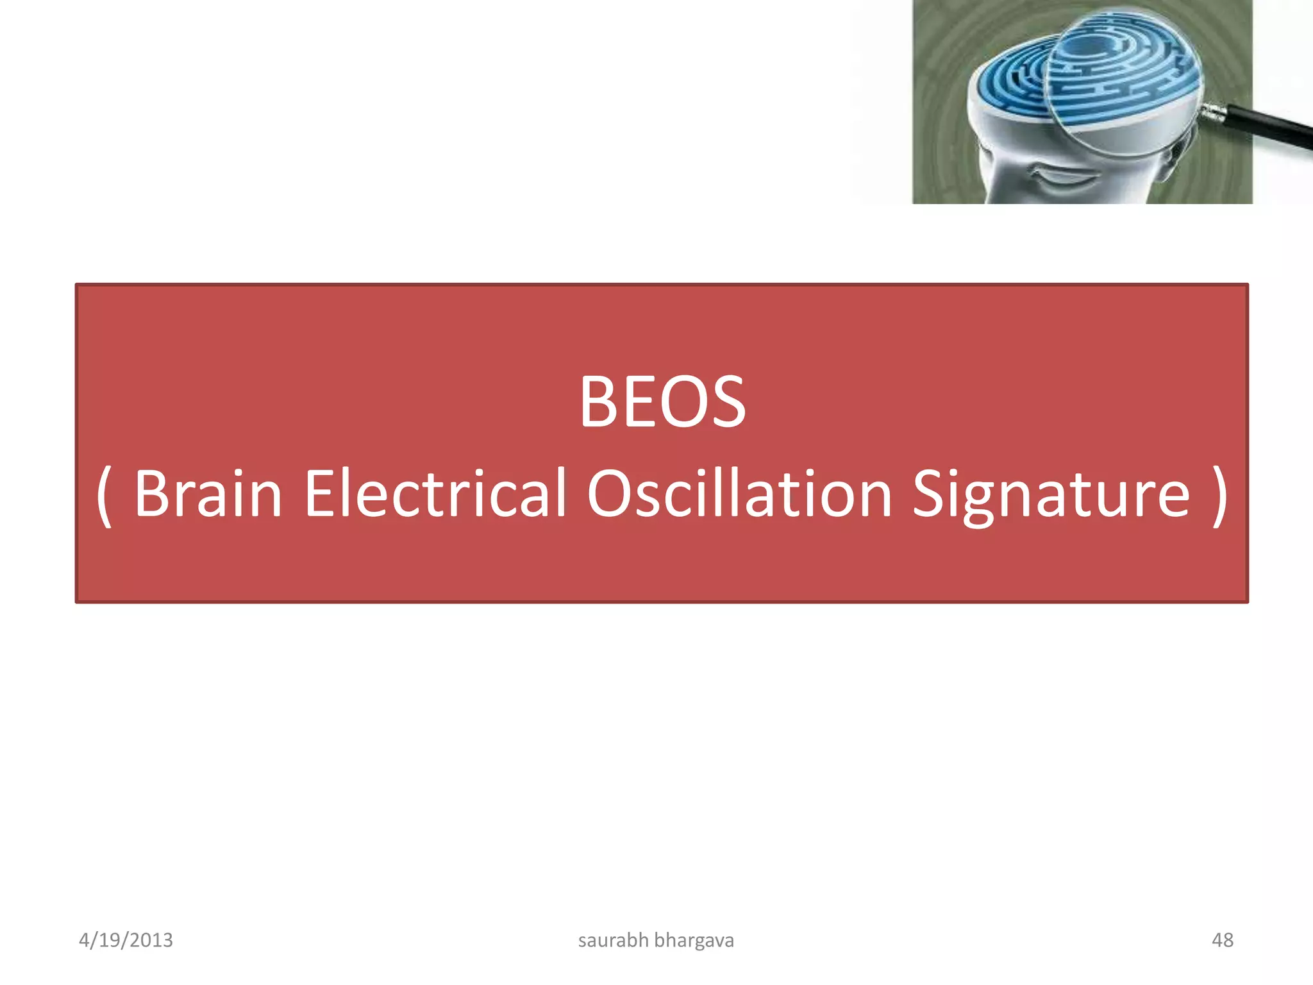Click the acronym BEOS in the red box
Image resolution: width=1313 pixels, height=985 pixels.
tap(662, 402)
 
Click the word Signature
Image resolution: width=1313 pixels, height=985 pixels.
tap(1051, 494)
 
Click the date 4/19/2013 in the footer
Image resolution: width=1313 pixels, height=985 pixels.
tap(126, 940)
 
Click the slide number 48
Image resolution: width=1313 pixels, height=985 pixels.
tap(1222, 940)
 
